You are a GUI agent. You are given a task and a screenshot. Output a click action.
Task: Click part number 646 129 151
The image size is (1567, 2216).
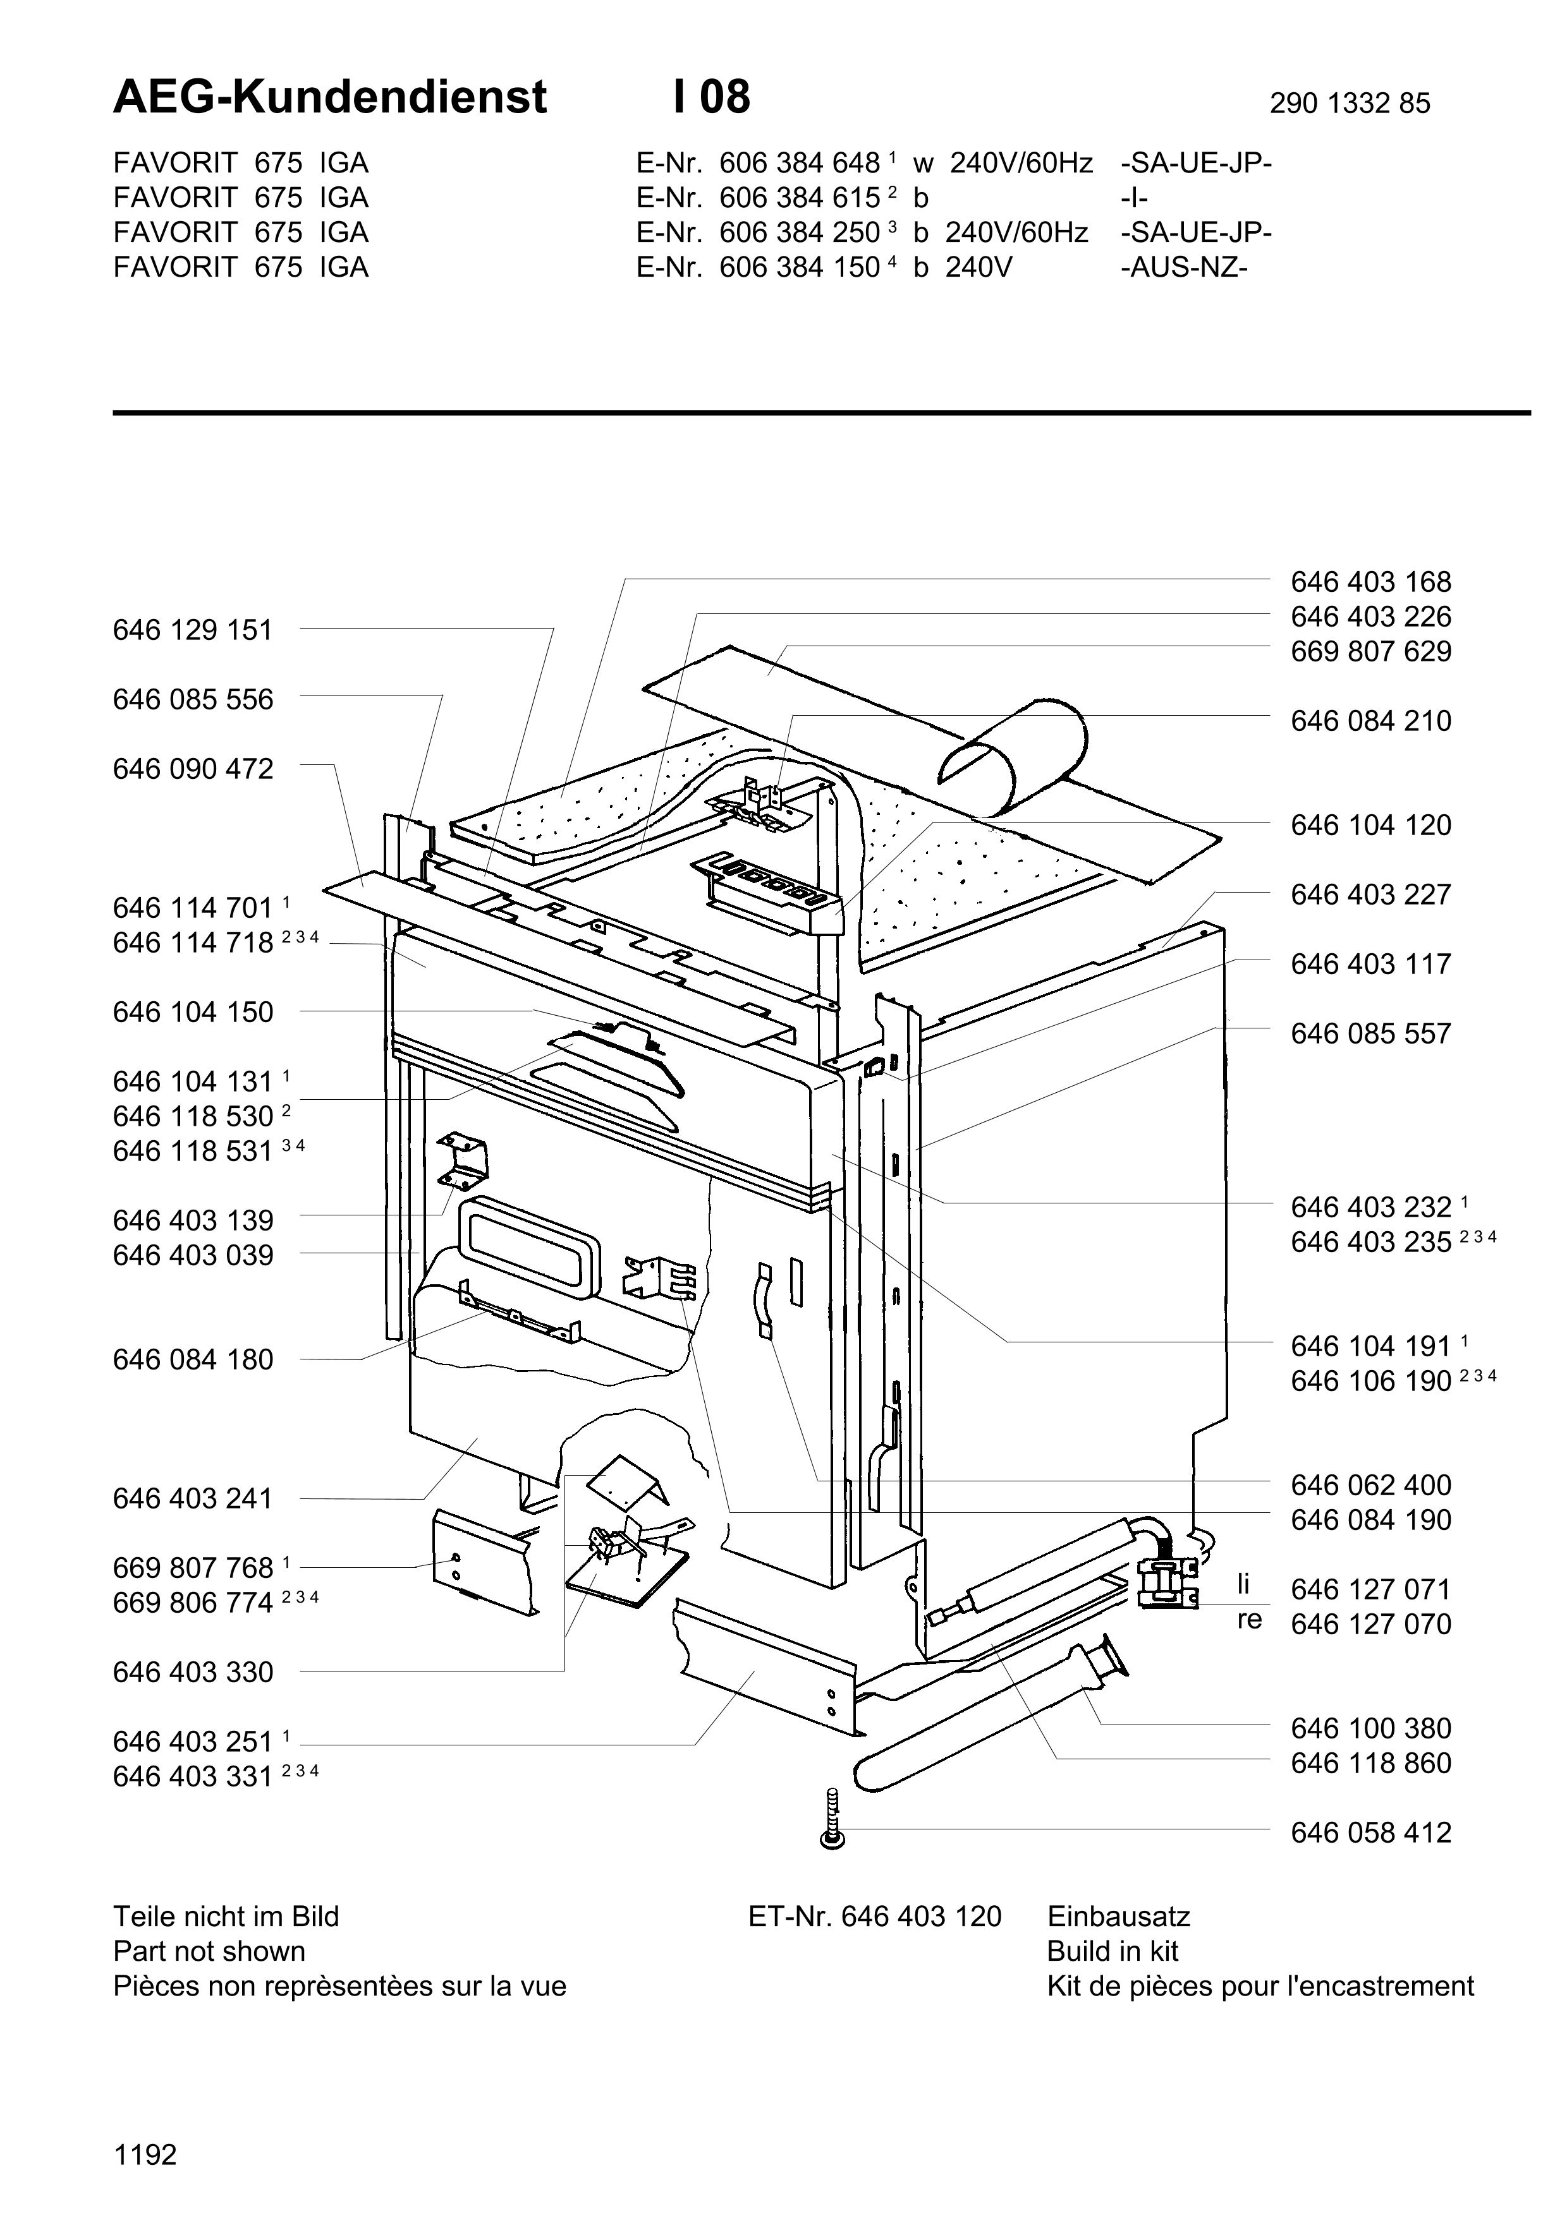click(193, 630)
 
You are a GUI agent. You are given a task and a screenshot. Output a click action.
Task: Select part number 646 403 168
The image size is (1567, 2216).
click(1371, 582)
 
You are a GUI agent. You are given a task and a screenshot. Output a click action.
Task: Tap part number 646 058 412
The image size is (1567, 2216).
click(1371, 1833)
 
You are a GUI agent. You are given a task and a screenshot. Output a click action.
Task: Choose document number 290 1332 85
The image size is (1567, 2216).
click(1350, 103)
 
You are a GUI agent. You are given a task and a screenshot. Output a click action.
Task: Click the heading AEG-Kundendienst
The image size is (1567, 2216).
click(330, 97)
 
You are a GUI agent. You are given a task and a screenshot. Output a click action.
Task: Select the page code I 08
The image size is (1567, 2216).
click(712, 97)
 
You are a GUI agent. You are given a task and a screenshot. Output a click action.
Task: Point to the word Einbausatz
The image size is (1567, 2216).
click(1119, 1917)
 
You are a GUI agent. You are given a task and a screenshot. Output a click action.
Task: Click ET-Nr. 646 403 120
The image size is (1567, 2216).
click(875, 1917)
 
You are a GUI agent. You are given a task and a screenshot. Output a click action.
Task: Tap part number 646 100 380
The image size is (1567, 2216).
click(1371, 1728)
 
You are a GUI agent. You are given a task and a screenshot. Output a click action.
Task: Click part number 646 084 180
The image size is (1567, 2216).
click(193, 1360)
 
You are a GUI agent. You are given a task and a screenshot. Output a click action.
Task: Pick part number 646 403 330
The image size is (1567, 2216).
click(193, 1673)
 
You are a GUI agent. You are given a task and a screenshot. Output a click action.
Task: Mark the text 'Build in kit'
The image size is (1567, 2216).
click(1113, 1951)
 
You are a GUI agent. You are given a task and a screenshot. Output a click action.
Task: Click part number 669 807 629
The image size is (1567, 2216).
click(1371, 651)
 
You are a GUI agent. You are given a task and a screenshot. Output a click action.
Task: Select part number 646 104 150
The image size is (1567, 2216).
click(193, 1013)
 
